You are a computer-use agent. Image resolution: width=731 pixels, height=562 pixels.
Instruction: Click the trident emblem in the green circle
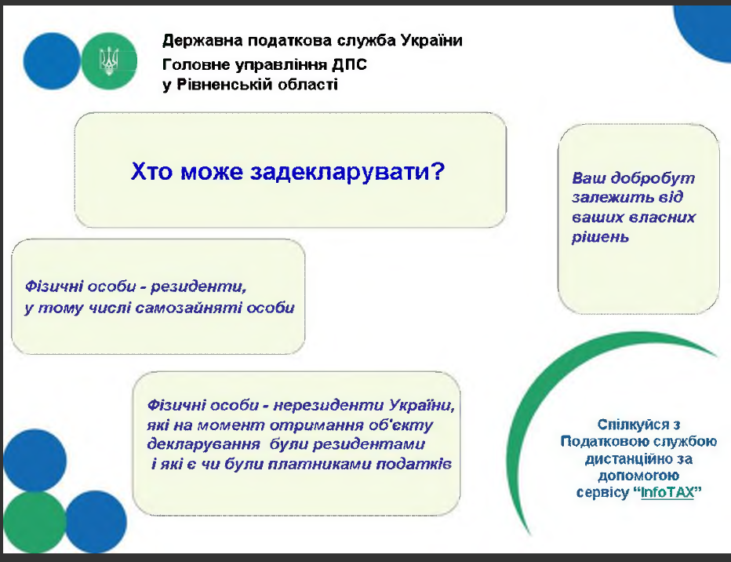[109, 61]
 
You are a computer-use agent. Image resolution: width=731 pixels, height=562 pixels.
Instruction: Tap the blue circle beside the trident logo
[52, 61]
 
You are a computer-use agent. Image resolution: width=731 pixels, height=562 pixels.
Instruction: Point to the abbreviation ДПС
[349, 64]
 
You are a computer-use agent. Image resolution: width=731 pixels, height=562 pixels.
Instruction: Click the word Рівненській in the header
[224, 85]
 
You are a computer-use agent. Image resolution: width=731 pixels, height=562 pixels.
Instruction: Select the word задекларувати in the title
[341, 172]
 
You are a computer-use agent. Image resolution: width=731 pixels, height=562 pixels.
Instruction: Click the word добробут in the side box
[653, 179]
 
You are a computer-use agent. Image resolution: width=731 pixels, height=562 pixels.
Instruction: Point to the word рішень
[601, 237]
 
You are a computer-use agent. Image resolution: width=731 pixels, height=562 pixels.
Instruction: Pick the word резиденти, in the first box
[198, 286]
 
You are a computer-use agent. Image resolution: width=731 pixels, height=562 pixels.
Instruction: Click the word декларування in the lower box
[203, 444]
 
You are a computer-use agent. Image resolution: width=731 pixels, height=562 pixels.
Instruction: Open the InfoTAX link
[667, 492]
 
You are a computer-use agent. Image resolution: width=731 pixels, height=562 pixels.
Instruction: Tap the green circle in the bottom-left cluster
[35, 522]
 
